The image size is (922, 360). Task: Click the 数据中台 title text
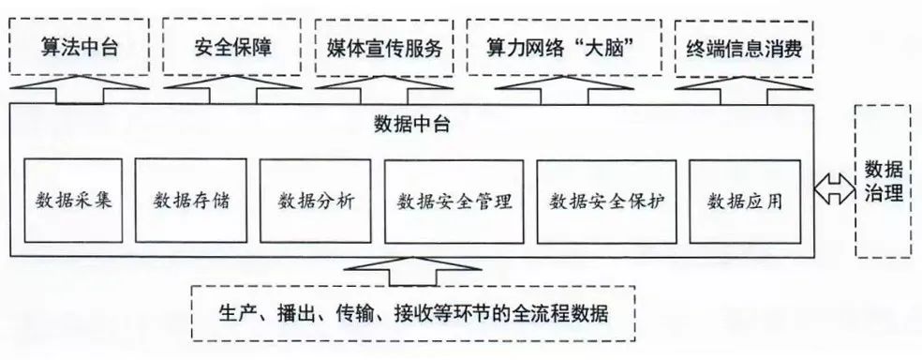[x=410, y=124]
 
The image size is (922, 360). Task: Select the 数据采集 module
[x=74, y=201]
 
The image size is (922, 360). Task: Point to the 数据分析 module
[x=316, y=201]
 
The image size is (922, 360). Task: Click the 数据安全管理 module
[x=454, y=201]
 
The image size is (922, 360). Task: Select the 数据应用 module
[x=745, y=201]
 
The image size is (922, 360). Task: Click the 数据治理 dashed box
[x=883, y=182]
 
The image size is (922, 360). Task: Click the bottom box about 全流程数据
[x=413, y=312]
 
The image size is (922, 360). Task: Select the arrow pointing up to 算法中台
[x=75, y=91]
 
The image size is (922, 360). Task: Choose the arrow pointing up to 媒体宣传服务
[x=385, y=91]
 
